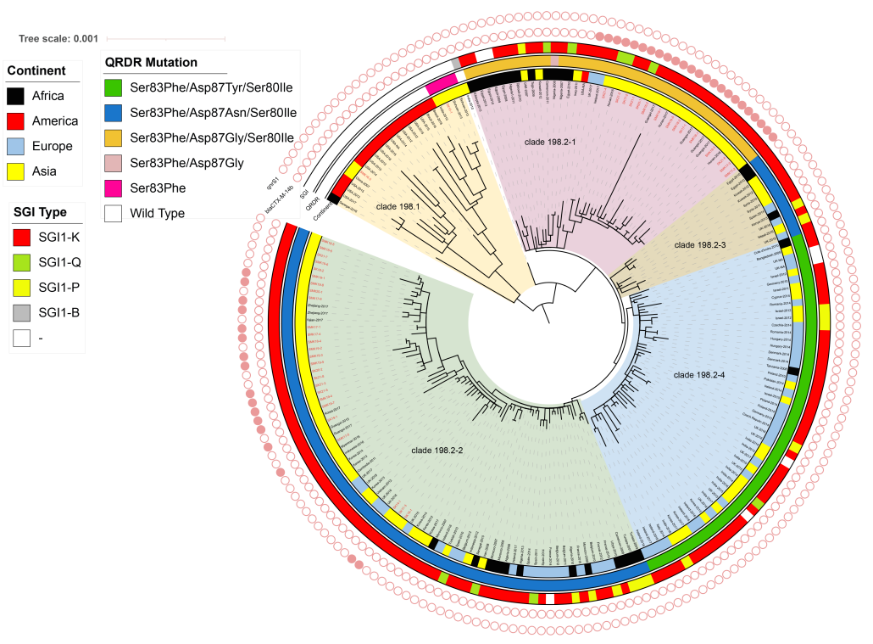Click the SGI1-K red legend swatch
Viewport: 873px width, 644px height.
coord(22,237)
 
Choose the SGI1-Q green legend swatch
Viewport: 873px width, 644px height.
coord(22,262)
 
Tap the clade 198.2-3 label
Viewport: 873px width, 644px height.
coord(699,244)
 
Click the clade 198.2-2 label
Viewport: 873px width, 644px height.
coord(436,449)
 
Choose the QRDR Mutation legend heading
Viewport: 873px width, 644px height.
coord(151,63)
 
